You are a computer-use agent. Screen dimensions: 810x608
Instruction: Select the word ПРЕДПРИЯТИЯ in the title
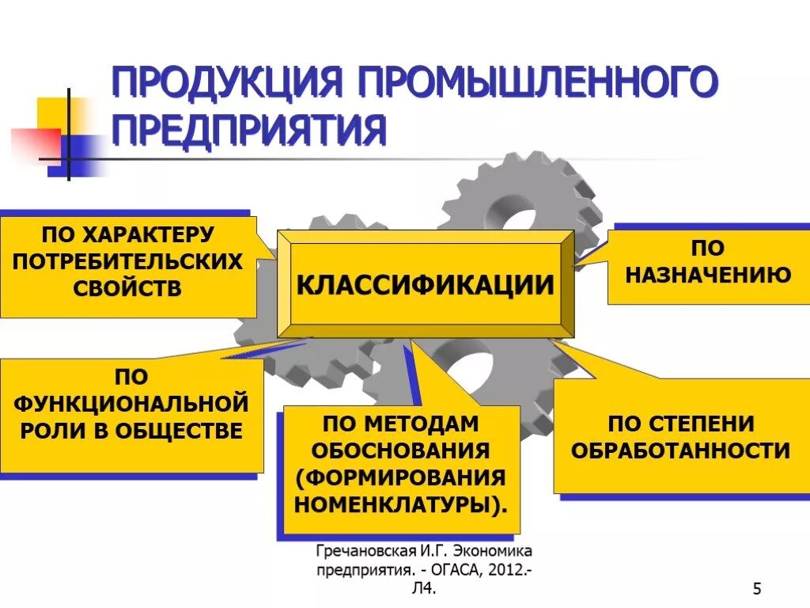[x=248, y=131]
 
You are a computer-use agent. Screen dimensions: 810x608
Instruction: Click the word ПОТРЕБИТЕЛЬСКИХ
[x=127, y=261]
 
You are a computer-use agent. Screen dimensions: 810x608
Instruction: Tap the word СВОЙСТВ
[x=127, y=287]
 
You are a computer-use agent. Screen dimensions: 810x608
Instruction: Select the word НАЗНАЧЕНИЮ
[x=708, y=275]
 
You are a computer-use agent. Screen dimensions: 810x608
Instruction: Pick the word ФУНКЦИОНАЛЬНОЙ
[x=131, y=404]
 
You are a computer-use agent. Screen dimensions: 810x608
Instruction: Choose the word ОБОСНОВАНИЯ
[x=400, y=450]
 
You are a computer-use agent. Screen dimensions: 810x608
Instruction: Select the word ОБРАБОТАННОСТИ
[x=680, y=450]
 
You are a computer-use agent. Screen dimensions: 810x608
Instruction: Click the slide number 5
[x=757, y=588]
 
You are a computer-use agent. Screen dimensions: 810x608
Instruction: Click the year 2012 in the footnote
[x=502, y=570]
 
